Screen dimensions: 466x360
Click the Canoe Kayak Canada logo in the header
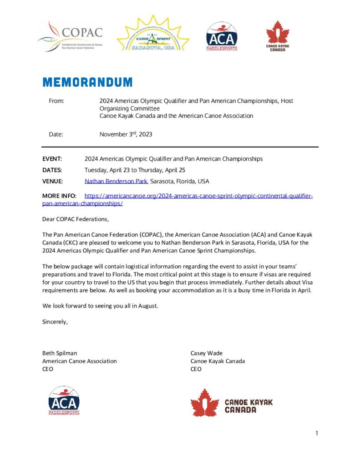tap(277, 35)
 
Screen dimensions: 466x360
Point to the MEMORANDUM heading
tap(87, 82)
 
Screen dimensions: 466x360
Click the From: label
tap(56, 101)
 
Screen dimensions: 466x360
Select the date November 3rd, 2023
tap(126, 134)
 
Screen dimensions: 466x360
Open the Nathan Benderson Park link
tap(116, 181)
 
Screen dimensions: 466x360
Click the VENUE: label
tap(52, 181)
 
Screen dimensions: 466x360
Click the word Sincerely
tap(55, 322)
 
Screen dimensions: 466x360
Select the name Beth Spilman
tap(60, 353)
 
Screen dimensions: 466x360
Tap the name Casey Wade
tap(207, 353)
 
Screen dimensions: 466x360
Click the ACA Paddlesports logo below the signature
tap(64, 400)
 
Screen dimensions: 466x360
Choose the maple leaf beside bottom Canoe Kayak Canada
tap(204, 403)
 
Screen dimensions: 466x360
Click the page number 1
tap(316, 433)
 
